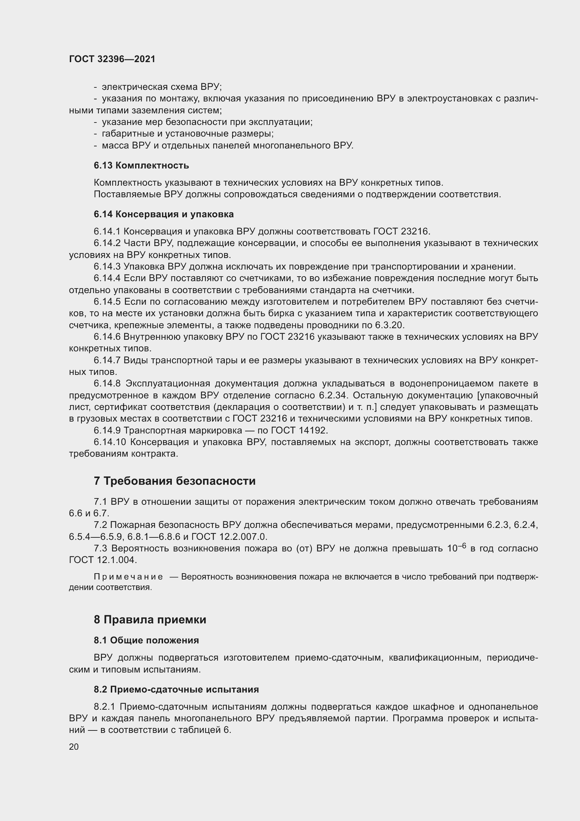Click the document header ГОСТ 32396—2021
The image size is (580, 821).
[112, 59]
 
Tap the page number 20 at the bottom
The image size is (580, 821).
[74, 747]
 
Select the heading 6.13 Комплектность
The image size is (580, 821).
[141, 166]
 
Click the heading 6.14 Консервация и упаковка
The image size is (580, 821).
[163, 214]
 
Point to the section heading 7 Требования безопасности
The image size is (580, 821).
[175, 481]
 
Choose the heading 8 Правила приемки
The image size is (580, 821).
[150, 620]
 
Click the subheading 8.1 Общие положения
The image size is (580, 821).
[146, 640]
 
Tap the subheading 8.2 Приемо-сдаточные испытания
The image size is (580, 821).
[176, 689]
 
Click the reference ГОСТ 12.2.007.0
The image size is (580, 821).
[229, 537]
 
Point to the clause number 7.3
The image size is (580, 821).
[100, 549]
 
